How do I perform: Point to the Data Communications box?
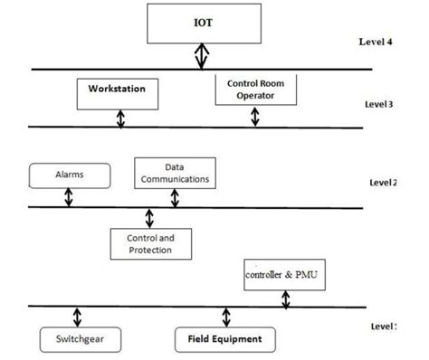click(x=176, y=173)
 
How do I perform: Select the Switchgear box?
click(x=75, y=339)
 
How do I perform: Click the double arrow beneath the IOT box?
click(x=203, y=57)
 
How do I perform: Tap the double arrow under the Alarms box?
click(x=67, y=197)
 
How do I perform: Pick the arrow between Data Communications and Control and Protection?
click(x=149, y=216)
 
